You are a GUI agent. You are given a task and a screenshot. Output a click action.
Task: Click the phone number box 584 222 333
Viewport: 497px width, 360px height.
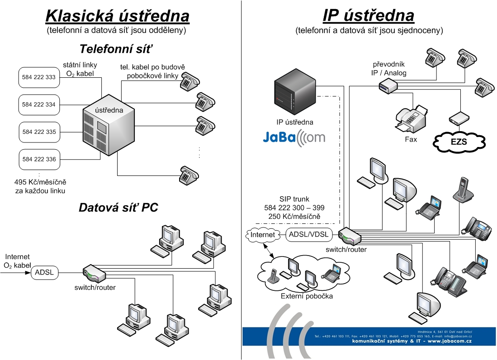click(38, 77)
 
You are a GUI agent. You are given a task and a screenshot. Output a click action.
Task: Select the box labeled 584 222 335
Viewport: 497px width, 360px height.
click(38, 132)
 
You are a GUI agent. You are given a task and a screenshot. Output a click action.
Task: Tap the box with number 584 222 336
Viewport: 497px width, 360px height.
click(38, 159)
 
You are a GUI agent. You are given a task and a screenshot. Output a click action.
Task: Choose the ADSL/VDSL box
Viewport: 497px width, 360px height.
click(309, 234)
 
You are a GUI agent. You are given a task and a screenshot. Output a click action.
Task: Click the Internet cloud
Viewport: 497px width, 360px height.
click(262, 235)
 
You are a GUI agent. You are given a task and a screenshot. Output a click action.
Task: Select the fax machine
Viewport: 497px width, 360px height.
click(411, 118)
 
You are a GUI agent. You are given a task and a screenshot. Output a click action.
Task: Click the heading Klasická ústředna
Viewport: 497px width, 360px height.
click(117, 16)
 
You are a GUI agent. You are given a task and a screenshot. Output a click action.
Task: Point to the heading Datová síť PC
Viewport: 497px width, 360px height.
click(118, 208)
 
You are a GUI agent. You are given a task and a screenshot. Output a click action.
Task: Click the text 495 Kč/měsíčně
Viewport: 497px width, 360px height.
click(40, 182)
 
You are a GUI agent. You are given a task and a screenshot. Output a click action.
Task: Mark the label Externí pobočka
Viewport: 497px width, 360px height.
click(307, 296)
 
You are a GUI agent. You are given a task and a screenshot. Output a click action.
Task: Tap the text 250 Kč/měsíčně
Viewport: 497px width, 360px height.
click(294, 217)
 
